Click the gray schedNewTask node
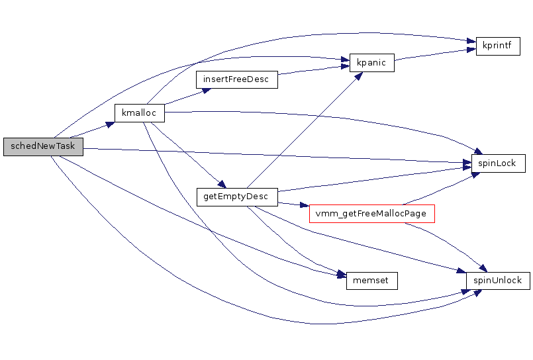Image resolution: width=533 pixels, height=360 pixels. [x=43, y=146]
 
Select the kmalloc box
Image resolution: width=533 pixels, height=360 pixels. [x=139, y=113]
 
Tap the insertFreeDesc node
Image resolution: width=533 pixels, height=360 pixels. [x=236, y=79]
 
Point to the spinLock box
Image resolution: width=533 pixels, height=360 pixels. [x=497, y=163]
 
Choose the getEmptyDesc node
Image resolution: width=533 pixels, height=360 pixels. [x=236, y=197]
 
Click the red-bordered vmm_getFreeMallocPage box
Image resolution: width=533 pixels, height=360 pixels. [x=371, y=214]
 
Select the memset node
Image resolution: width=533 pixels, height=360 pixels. [x=371, y=281]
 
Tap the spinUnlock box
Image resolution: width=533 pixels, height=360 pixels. [x=497, y=281]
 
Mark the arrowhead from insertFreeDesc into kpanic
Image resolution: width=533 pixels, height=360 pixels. [x=345, y=67]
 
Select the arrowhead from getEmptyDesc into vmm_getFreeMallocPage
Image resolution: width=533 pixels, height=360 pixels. [x=305, y=206]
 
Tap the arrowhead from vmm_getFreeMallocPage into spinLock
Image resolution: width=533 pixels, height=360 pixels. [x=475, y=174]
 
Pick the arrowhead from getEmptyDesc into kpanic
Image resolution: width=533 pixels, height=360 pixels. [x=358, y=75]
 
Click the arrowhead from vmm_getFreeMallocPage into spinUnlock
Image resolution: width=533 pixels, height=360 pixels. [x=483, y=268]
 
